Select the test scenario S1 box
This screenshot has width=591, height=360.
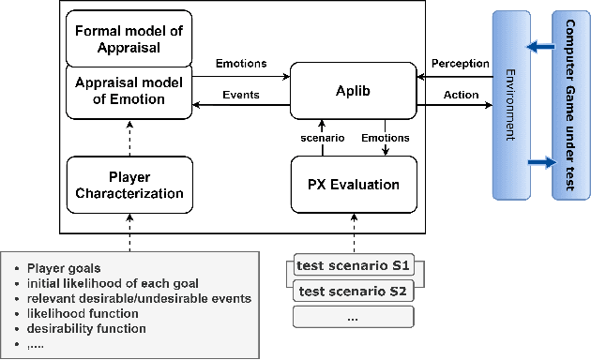[353, 266]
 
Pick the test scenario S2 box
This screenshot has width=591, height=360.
[353, 291]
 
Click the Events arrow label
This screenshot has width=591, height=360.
[240, 96]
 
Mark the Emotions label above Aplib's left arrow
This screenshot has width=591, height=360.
[240, 64]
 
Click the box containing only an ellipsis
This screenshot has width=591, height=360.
[353, 317]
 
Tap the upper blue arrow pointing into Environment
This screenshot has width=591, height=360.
[540, 45]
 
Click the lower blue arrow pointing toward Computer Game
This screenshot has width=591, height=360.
[540, 164]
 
